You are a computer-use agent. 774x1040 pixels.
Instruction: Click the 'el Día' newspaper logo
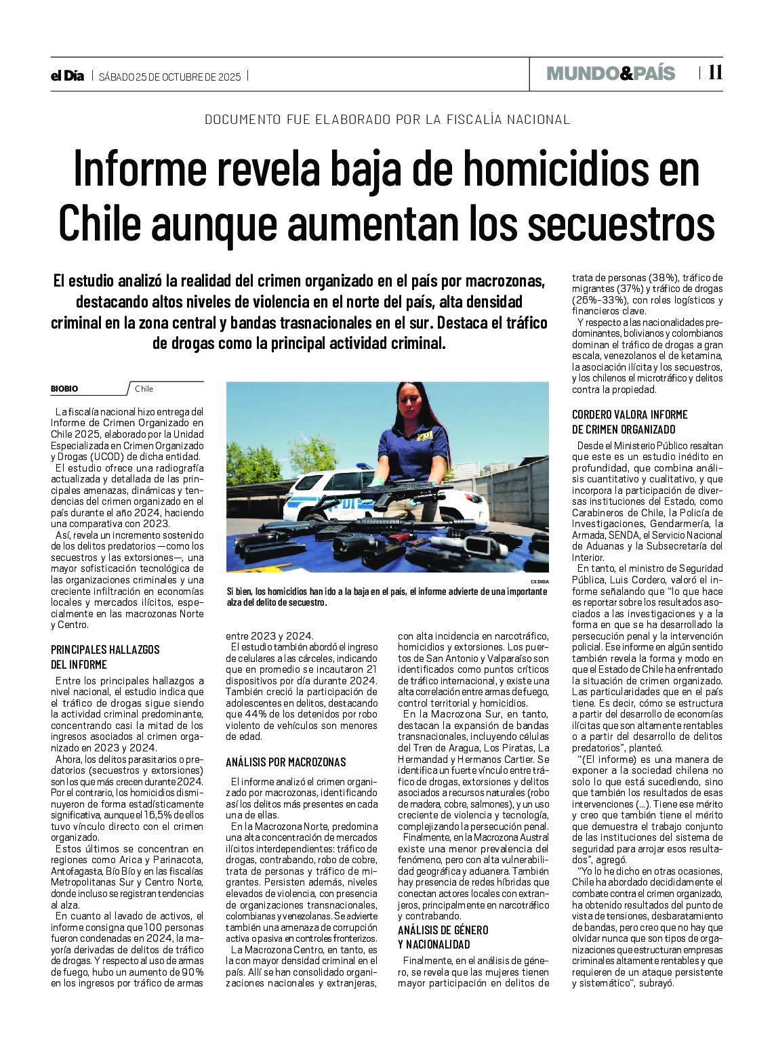[67, 76]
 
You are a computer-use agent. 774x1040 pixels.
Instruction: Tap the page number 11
[715, 72]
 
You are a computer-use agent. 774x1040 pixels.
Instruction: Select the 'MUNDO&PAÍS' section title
[611, 73]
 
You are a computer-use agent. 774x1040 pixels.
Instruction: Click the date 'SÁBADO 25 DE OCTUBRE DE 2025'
[169, 77]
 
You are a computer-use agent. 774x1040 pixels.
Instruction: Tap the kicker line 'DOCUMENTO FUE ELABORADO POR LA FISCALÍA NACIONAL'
[387, 119]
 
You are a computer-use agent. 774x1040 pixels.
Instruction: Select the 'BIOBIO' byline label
[64, 389]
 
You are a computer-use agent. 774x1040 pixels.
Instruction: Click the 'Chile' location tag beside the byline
[144, 389]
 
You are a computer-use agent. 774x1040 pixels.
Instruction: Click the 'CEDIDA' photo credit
[539, 582]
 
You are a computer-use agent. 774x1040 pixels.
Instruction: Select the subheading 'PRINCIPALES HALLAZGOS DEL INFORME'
[105, 657]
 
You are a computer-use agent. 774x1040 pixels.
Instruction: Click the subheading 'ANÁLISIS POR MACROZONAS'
[285, 762]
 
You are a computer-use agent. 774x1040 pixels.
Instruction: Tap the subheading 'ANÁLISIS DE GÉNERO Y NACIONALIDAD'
[443, 937]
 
